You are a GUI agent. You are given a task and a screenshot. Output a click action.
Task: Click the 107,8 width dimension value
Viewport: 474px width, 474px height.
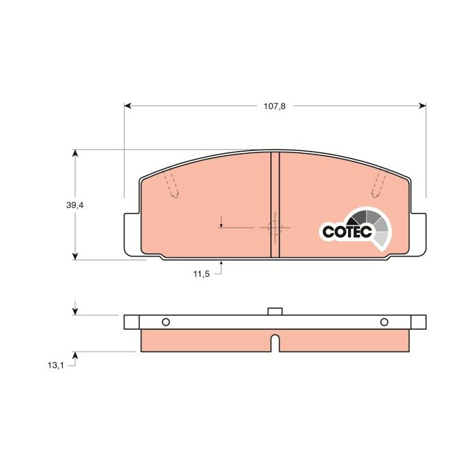coord(275,106)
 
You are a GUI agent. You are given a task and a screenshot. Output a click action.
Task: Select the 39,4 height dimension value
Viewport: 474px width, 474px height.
coord(74,204)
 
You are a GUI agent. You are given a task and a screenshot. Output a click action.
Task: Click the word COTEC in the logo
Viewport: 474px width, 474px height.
coord(346,232)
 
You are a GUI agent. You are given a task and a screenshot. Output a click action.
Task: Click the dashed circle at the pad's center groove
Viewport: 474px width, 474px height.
coord(275,228)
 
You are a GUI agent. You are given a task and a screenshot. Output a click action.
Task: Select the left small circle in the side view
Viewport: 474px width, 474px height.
coord(166,322)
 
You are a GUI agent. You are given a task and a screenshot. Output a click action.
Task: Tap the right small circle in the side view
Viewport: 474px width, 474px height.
coord(384,322)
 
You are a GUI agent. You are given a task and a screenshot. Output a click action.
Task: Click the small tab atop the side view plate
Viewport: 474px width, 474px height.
coord(275,311)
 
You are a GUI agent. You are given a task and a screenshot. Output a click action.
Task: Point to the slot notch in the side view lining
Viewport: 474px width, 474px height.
coord(275,343)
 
